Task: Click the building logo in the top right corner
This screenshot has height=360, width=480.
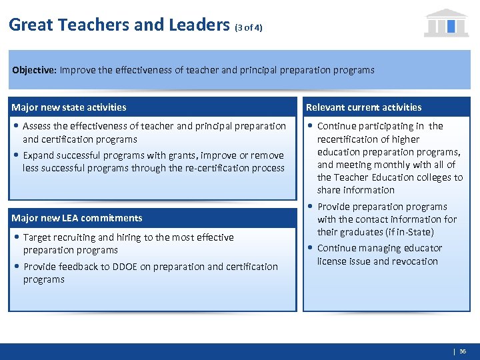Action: click(x=446, y=23)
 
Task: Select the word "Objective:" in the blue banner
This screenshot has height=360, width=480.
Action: click(x=34, y=70)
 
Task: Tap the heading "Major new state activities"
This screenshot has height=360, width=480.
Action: click(x=69, y=107)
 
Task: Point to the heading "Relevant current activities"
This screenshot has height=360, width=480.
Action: click(x=363, y=107)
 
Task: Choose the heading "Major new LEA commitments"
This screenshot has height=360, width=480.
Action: click(x=77, y=218)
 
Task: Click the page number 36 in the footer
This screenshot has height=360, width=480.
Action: click(x=463, y=351)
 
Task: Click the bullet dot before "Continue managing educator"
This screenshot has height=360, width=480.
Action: click(x=311, y=248)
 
